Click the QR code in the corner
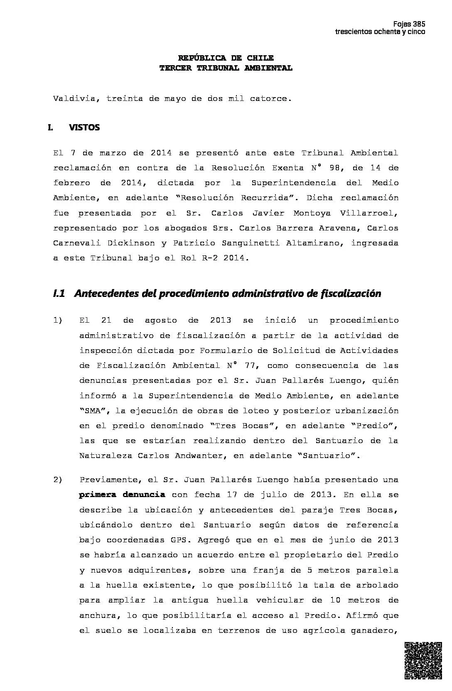[423, 661]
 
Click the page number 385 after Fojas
[419, 24]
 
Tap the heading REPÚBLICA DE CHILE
[226, 58]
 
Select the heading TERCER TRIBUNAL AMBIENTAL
[226, 68]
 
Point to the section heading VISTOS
[84, 127]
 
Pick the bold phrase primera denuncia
[122, 495]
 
